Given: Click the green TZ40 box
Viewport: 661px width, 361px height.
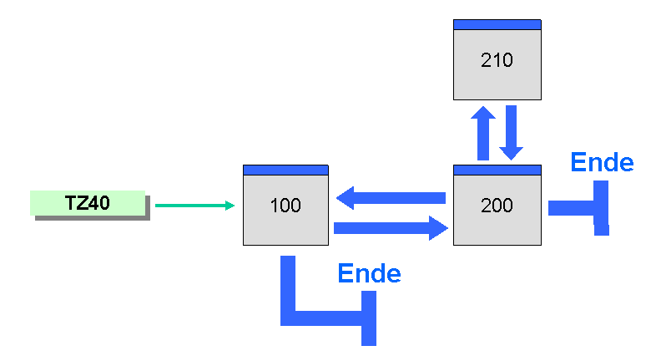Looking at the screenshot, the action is point(88,203).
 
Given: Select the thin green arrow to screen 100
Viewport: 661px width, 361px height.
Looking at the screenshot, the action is point(194,206).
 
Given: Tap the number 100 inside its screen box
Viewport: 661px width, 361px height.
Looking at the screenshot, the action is point(285,206).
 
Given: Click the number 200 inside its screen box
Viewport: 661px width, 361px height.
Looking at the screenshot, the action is point(497,206).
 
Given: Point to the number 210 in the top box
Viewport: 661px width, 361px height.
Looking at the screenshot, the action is point(497,60).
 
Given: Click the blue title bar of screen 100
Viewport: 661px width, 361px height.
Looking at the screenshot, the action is point(285,170).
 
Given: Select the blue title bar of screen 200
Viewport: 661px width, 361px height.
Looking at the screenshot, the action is point(497,170).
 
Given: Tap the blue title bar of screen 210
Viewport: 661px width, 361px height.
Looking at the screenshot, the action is point(497,25).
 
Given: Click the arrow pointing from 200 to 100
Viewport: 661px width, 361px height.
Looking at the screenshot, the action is point(391,197).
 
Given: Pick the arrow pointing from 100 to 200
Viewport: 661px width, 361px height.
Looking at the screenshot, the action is point(391,228).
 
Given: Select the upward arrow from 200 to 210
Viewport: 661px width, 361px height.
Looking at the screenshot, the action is point(483,133).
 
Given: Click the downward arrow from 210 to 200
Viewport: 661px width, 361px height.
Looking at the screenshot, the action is point(512,133).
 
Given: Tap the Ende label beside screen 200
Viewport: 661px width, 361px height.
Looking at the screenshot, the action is point(602,162).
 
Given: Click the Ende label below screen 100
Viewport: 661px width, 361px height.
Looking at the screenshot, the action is point(369,273).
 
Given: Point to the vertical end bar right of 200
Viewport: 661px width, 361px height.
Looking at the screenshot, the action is point(601,208).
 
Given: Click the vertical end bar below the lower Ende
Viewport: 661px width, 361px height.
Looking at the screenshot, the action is point(369,318).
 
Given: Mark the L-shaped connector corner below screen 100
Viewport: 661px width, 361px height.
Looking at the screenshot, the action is point(288,318).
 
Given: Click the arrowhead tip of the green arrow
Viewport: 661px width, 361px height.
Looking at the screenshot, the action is point(235,206).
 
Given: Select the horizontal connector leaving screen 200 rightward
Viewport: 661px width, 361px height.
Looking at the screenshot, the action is point(571,208).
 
